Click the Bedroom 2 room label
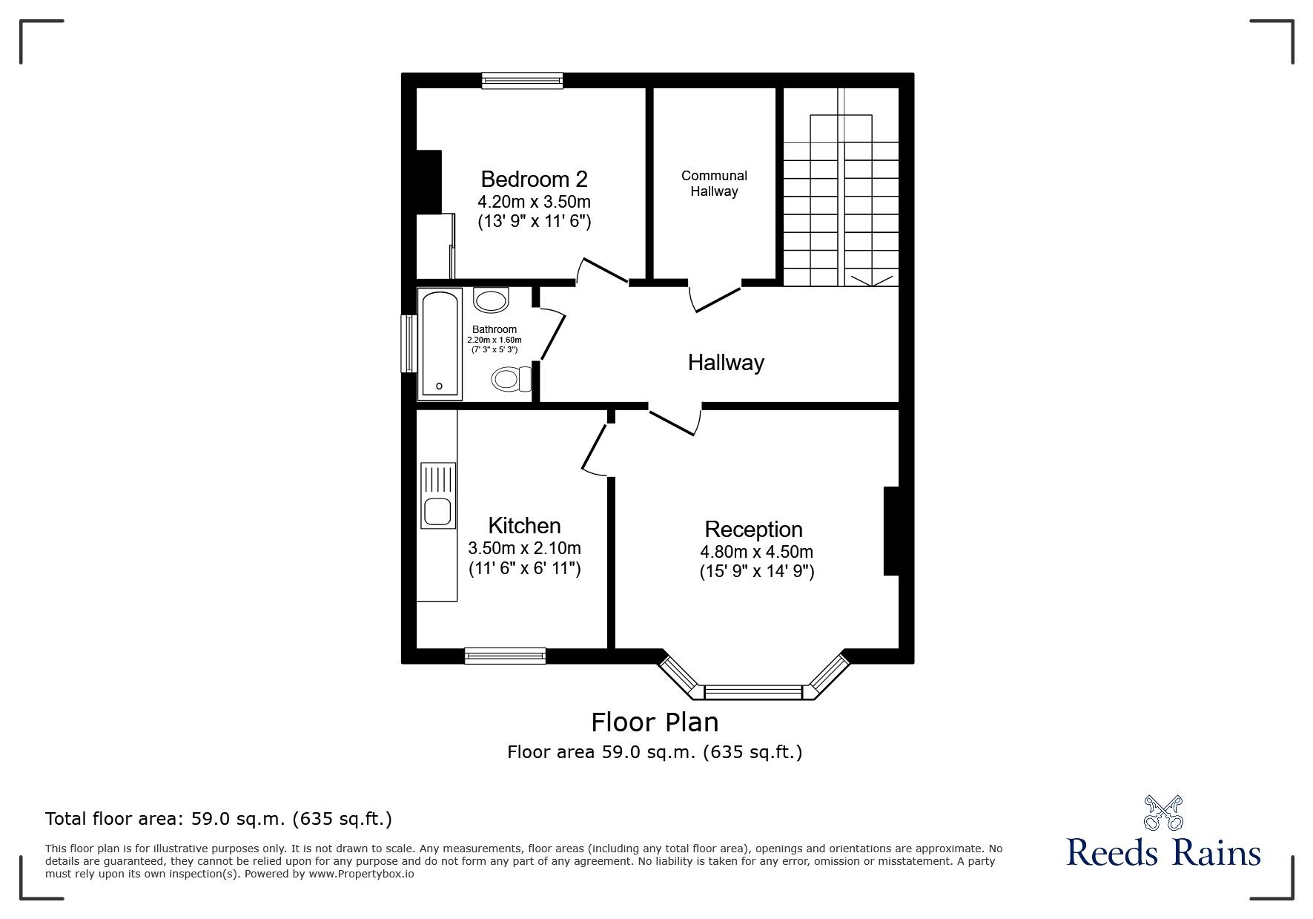[x=534, y=179]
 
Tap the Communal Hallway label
[x=714, y=183]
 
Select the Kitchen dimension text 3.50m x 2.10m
[x=524, y=549]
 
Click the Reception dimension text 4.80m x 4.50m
[x=756, y=552]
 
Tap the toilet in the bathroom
[x=509, y=379]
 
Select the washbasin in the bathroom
[x=491, y=300]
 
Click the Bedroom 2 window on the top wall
[x=522, y=80]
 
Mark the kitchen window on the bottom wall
[x=505, y=656]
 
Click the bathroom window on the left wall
[x=409, y=343]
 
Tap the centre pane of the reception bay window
[x=753, y=693]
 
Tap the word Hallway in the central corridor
[x=725, y=363]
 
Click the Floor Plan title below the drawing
[x=654, y=722]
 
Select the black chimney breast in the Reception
[x=891, y=530]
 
